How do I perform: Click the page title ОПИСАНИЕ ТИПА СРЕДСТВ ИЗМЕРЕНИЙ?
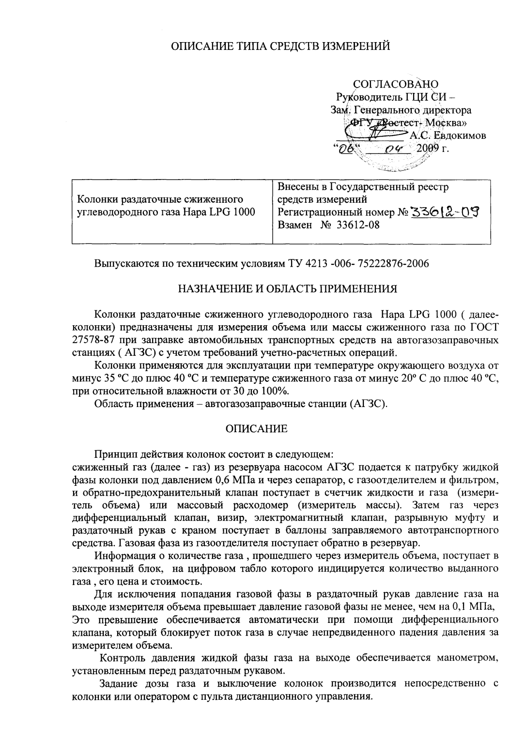pos(281,46)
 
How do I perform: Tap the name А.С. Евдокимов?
pos(448,136)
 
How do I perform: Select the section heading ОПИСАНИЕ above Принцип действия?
pos(257,429)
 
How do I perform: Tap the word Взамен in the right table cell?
pos(295,225)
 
